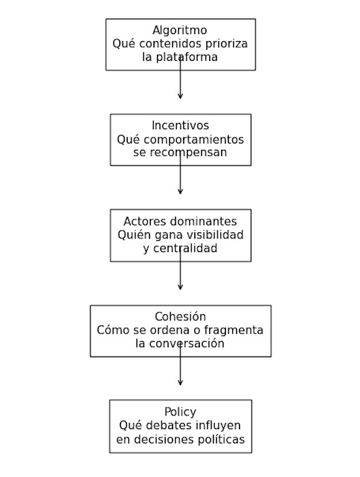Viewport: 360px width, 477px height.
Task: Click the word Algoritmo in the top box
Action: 180,30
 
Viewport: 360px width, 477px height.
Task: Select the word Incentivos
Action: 180,126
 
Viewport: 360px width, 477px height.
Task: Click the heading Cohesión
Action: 180,317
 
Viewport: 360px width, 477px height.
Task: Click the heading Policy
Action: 180,412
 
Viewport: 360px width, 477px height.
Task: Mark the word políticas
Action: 219,440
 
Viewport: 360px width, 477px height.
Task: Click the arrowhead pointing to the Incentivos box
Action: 180,96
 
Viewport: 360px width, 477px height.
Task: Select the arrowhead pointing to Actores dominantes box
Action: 180,191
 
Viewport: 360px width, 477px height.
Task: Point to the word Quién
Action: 132,235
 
